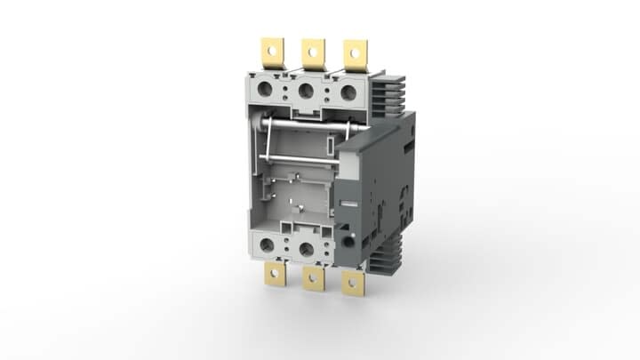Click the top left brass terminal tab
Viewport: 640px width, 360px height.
(271, 53)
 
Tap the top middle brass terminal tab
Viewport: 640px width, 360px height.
(313, 53)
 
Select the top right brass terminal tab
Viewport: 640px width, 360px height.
(355, 54)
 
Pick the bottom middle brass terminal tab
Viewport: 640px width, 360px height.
(312, 278)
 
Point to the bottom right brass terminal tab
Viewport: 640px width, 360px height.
(354, 282)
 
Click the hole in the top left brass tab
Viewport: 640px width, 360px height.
(271, 49)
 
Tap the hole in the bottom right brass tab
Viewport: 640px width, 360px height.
(354, 284)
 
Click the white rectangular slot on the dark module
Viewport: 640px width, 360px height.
(349, 203)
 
